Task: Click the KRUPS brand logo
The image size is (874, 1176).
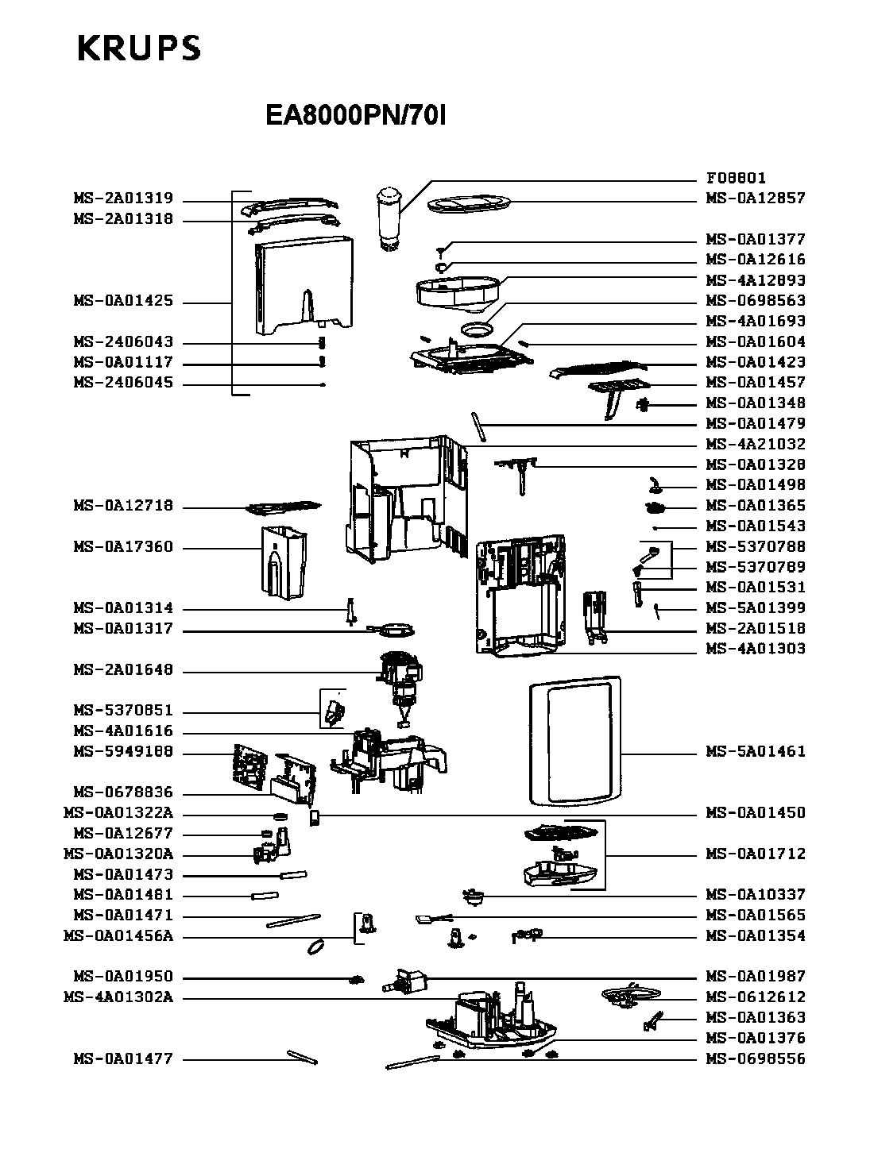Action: tap(139, 48)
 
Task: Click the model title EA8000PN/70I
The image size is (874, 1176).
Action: tap(355, 115)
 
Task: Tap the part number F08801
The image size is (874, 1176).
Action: tap(736, 178)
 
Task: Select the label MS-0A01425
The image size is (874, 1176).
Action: tap(123, 301)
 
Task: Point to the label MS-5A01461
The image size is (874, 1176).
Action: tap(756, 751)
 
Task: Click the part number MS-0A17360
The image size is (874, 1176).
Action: tap(123, 546)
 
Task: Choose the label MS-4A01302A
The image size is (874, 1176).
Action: tap(118, 997)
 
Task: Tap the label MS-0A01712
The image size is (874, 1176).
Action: tap(756, 854)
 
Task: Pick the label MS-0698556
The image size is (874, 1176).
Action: tap(756, 1058)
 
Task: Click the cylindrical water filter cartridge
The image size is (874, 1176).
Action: tap(389, 218)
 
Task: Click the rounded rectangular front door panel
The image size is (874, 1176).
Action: tap(575, 741)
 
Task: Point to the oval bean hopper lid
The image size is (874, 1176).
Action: tap(469, 203)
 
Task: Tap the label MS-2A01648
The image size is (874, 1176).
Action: tap(123, 669)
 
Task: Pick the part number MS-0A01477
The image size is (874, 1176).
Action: tap(123, 1058)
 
